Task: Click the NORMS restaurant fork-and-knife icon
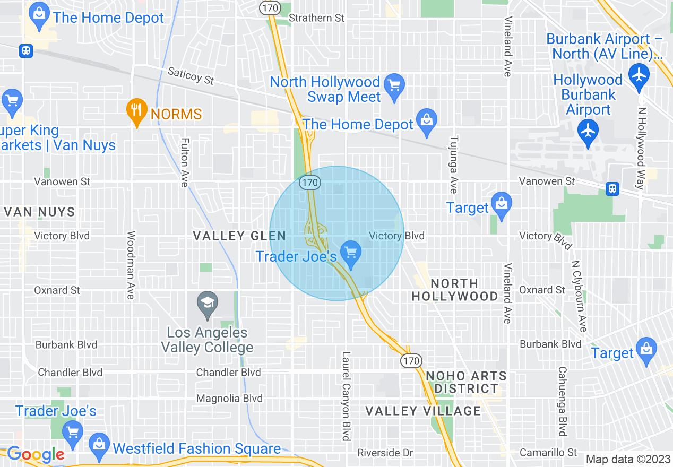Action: pos(137,111)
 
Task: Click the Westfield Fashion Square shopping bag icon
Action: pos(99,442)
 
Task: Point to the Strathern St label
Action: pos(316,18)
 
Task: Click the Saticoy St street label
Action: pos(191,75)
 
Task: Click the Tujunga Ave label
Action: pos(453,165)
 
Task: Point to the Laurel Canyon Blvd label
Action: pos(346,395)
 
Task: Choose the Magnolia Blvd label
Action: pos(229,398)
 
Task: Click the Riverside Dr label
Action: pos(385,453)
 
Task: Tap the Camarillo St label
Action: pos(548,453)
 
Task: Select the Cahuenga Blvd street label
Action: pos(562,401)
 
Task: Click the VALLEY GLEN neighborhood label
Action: pos(239,236)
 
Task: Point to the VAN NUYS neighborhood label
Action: pos(39,212)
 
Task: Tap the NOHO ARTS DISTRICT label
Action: pos(467,382)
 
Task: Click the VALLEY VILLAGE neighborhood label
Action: pos(423,411)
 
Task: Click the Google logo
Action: pos(36,454)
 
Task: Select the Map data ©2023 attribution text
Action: pos(628,459)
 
